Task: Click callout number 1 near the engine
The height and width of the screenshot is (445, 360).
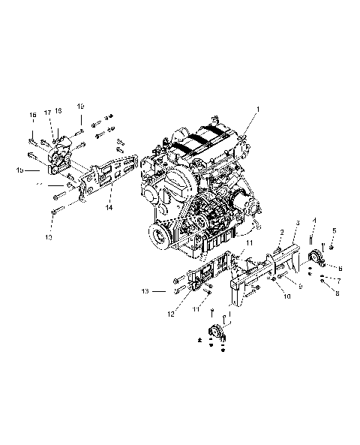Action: tap(259, 110)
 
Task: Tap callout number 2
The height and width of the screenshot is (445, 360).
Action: tap(281, 231)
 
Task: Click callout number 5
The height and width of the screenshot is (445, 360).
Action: tap(334, 230)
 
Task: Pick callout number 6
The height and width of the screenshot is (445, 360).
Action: tap(340, 266)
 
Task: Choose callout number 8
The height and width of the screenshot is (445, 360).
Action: tap(337, 292)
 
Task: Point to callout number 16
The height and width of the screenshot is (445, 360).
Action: tap(33, 115)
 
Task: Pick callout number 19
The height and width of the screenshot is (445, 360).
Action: tap(80, 106)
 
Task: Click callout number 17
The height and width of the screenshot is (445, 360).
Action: tap(46, 113)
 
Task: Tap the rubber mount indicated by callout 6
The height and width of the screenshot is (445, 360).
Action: tap(317, 261)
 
